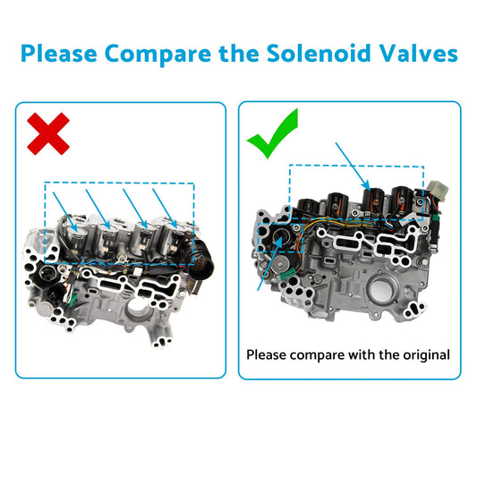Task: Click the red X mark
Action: [50, 134]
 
